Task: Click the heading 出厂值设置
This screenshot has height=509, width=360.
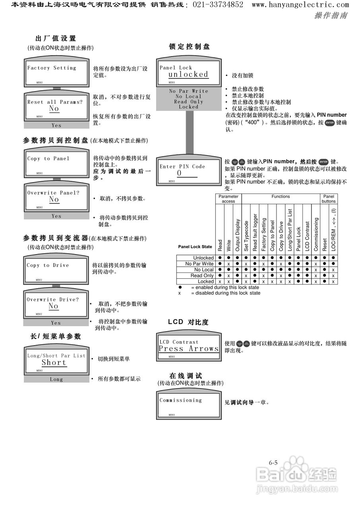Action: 56,39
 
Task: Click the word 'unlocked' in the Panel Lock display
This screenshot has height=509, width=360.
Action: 188,74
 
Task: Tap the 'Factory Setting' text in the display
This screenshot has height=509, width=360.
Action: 52,68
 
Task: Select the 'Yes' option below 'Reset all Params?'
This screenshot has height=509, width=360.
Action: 56,125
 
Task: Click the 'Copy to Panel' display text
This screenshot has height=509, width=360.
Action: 48,159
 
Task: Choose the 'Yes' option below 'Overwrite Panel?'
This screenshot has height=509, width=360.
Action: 56,216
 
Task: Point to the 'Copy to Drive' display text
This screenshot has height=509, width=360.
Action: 48,265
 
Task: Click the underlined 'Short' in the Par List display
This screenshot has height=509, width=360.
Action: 54,363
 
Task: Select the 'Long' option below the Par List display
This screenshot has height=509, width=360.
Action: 56,379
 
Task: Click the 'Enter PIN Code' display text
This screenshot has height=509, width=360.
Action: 182,167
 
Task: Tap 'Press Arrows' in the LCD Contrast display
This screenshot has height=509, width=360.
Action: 189,349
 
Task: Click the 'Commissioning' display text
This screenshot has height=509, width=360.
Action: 181,400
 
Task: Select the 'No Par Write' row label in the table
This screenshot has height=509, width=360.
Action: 199,264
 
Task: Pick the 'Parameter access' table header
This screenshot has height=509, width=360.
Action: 228,199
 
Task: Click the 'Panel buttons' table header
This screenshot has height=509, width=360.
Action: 329,199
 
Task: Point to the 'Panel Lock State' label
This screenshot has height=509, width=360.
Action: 195,247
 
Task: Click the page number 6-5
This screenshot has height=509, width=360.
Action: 273,462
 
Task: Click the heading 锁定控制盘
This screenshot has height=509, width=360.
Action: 189,47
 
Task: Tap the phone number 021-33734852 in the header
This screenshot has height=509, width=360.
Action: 218,5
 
